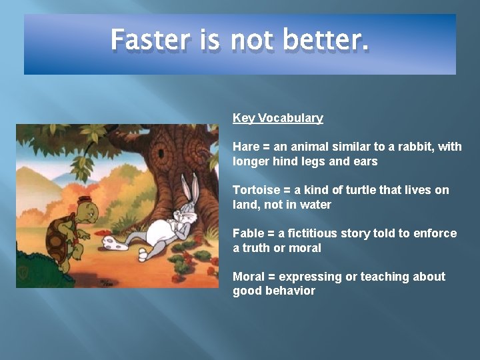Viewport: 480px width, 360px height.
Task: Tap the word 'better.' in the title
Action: (325, 40)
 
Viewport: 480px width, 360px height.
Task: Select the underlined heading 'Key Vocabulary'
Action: (277, 118)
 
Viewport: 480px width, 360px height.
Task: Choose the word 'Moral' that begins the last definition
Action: (248, 277)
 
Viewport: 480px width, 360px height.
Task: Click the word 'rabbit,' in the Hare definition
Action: (421, 147)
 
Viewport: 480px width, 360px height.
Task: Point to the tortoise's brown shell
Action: (56, 237)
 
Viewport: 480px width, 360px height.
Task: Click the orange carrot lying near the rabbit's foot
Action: (100, 235)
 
